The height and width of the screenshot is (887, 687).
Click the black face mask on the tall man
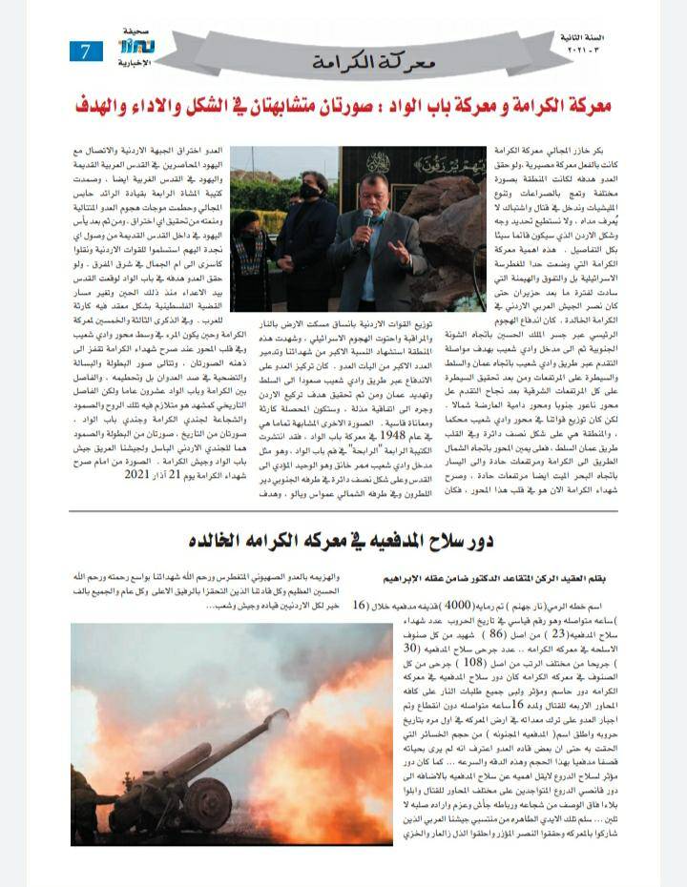tap(309, 191)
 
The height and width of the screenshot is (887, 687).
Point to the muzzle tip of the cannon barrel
tap(283, 713)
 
